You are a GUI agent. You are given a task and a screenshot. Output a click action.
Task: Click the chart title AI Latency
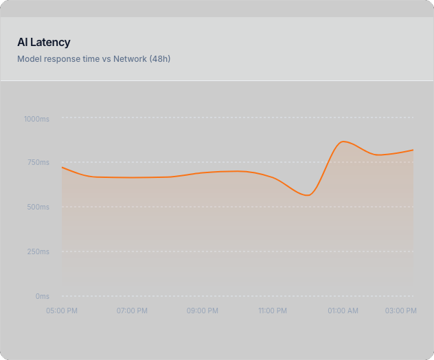[44, 43]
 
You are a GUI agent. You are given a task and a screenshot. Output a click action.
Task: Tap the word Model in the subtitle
[30, 59]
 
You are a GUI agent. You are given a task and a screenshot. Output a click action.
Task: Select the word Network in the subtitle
[130, 59]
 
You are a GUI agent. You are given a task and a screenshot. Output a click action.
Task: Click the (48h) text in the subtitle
[159, 59]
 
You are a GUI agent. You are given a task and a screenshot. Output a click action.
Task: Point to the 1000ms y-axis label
[36, 119]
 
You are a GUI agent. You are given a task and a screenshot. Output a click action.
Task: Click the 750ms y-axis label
[38, 163]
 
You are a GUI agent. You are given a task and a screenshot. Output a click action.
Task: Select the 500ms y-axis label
[38, 207]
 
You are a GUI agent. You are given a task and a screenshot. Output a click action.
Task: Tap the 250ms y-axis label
[38, 251]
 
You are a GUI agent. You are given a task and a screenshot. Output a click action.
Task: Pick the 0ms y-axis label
[43, 296]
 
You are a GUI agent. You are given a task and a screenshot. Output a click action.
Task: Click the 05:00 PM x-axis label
[62, 311]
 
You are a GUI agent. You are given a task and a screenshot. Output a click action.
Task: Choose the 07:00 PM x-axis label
[132, 311]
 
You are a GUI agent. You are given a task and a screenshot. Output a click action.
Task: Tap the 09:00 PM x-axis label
[203, 311]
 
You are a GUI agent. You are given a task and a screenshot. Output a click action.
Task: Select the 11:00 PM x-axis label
[273, 311]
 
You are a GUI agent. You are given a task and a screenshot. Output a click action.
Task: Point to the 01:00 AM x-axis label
[343, 311]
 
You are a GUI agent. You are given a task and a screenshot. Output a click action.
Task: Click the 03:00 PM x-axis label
[401, 311]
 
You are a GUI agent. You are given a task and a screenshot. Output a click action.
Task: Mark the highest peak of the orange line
[343, 142]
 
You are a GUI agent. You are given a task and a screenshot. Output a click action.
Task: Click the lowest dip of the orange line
[308, 195]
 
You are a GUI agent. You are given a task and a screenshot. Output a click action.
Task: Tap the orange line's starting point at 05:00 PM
[62, 167]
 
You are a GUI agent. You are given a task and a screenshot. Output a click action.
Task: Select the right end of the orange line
[413, 150]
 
